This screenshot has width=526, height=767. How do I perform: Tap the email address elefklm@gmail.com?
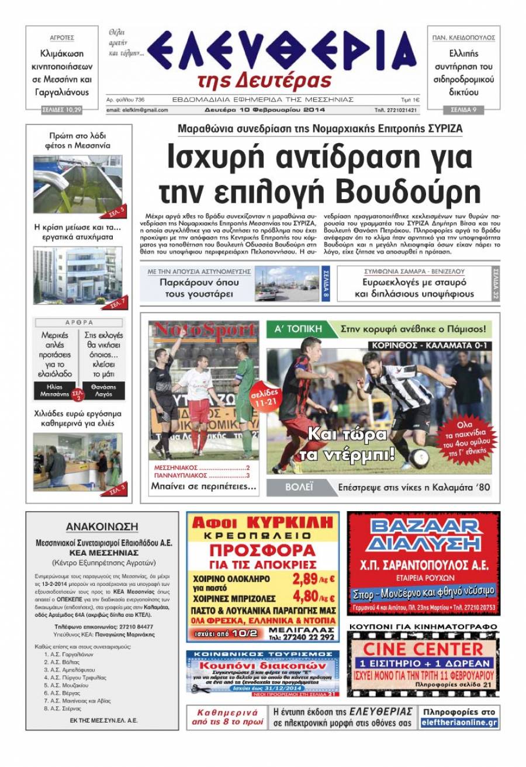[137, 110]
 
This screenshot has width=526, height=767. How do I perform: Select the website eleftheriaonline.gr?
[459, 723]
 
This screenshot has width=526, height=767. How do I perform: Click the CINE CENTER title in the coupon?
[423, 648]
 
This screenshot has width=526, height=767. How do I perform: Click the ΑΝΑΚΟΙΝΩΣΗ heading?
[102, 526]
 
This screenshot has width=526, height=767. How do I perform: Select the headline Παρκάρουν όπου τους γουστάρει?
[199, 287]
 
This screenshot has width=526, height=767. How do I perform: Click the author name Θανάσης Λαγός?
[103, 391]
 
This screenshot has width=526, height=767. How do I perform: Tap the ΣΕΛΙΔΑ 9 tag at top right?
[462, 109]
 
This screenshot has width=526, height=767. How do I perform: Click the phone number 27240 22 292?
[312, 637]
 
